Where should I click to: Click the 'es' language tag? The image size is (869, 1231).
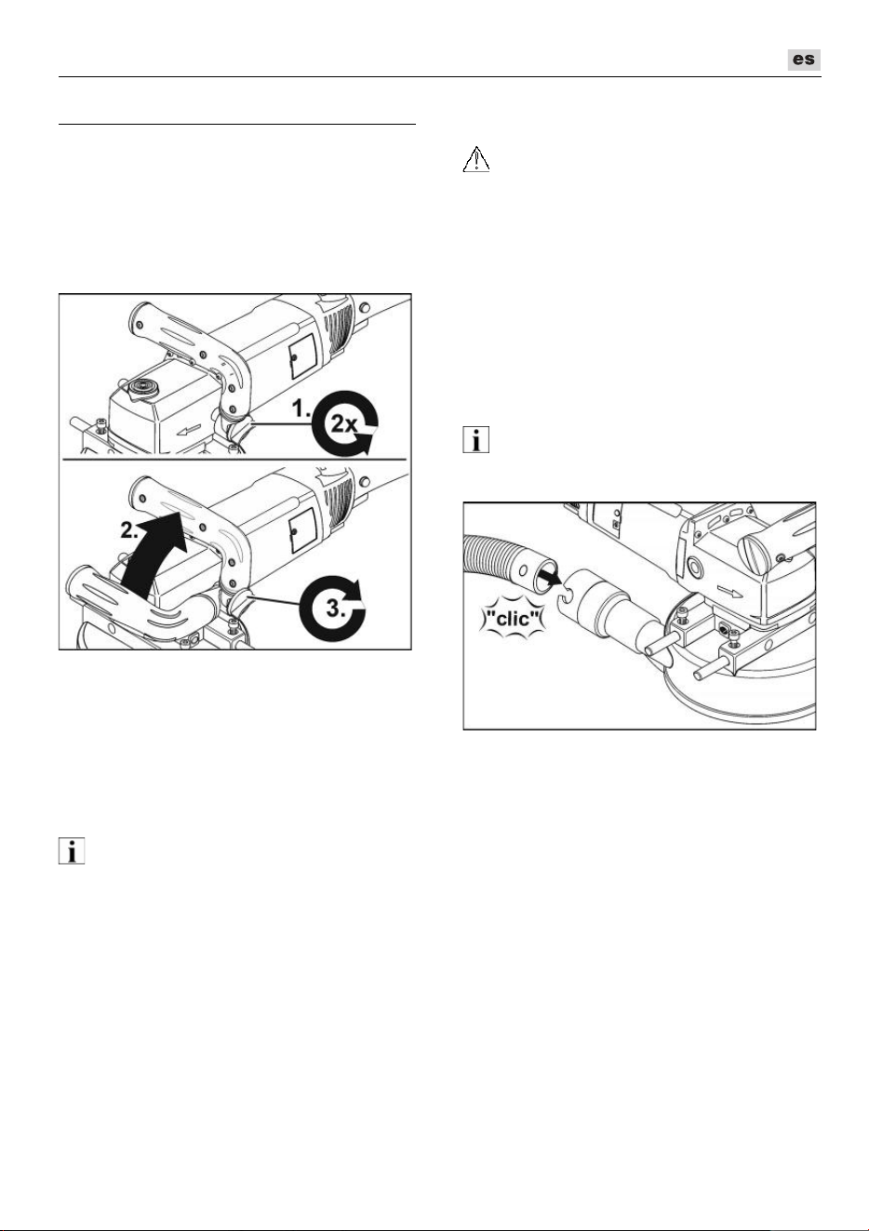[x=804, y=60]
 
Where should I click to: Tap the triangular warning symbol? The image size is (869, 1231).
[x=476, y=159]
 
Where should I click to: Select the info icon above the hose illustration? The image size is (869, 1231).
[x=476, y=440]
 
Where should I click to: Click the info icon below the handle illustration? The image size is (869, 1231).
[x=72, y=851]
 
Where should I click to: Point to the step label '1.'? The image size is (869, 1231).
[x=301, y=409]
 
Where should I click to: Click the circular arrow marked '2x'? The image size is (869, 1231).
[x=344, y=424]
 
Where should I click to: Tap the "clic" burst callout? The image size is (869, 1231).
[x=511, y=619]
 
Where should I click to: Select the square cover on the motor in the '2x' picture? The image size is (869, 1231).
[x=303, y=355]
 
